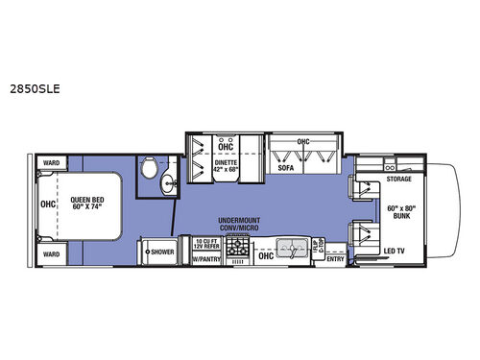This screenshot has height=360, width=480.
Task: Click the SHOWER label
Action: pyautogui.click(x=159, y=252)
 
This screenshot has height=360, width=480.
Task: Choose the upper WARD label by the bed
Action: pyautogui.click(x=49, y=163)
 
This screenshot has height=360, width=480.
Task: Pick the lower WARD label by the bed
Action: pyautogui.click(x=49, y=254)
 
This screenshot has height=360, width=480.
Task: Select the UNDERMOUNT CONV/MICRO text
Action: pyautogui.click(x=235, y=223)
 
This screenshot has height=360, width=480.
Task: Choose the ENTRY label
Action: pyautogui.click(x=335, y=258)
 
